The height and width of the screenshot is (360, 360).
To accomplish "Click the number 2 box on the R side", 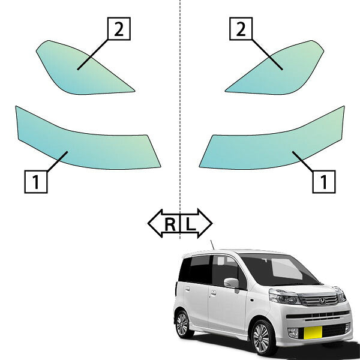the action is (x=119, y=29).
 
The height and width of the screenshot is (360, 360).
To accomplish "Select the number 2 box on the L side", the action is (x=241, y=29).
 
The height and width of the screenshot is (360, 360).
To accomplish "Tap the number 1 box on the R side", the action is (x=36, y=182).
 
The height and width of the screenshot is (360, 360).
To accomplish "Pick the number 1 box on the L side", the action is (x=324, y=182).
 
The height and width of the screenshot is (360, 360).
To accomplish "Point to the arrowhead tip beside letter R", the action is (x=148, y=223).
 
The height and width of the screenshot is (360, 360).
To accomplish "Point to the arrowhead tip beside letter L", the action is (x=212, y=223).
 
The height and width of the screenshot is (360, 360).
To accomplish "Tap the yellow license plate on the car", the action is (x=313, y=332).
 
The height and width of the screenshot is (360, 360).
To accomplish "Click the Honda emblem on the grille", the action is (x=322, y=301).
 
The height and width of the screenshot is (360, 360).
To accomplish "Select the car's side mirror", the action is (x=232, y=284).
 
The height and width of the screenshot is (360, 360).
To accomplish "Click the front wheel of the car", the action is (x=262, y=337).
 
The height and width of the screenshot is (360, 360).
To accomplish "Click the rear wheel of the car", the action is (x=183, y=324).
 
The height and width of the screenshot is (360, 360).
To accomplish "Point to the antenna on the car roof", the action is (x=212, y=245).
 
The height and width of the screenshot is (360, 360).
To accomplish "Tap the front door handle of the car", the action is (x=213, y=293).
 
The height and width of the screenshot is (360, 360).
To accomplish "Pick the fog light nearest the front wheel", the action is (x=293, y=333).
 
